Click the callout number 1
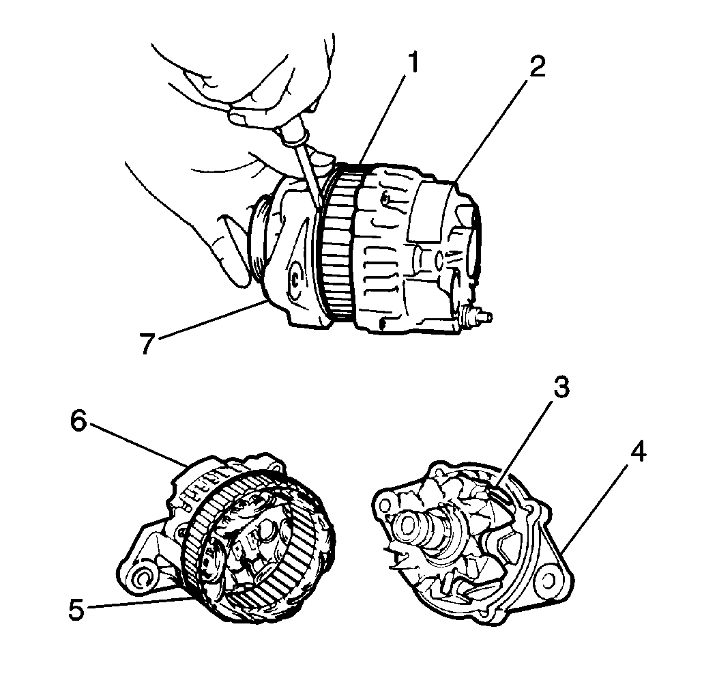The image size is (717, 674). tap(413, 64)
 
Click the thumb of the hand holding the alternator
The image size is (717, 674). tap(231, 249)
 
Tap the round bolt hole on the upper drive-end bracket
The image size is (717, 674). tap(295, 279)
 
